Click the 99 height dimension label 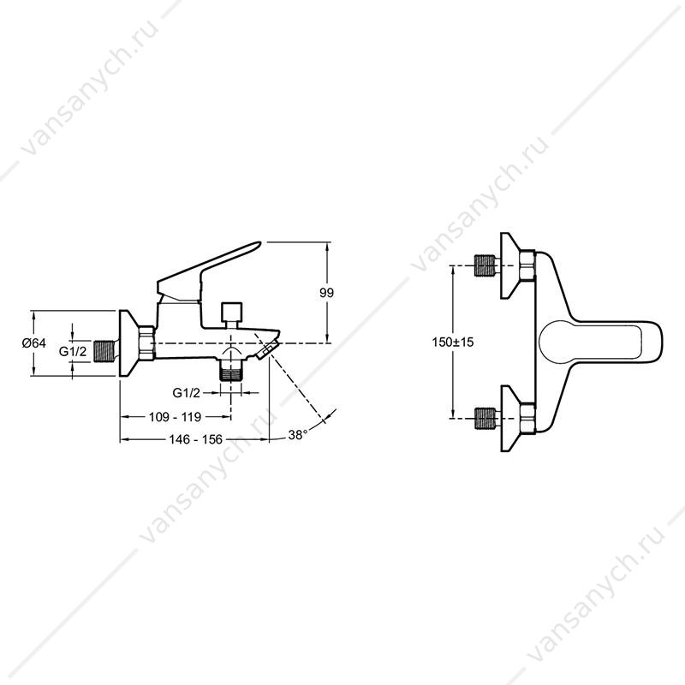pos(326,293)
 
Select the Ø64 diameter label pos(33,343)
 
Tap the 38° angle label pos(297,435)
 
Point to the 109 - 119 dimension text pos(176,417)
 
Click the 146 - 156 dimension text pos(196,439)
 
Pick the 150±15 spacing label pos(453,342)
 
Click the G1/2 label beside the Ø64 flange pos(74,351)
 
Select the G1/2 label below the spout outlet pos(187,393)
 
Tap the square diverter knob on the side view pos(231,312)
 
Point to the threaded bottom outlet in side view pos(231,374)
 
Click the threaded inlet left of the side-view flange pos(104,352)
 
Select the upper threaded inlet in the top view pos(484,265)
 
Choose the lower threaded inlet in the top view pos(484,419)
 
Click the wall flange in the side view pos(128,343)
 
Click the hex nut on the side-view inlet pos(147,343)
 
